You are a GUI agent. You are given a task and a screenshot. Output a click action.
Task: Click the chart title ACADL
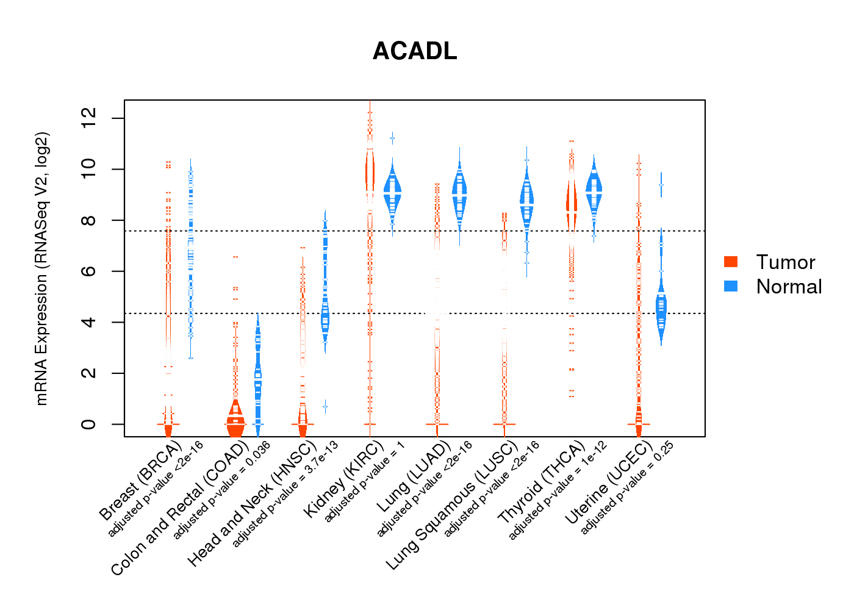pos(415,51)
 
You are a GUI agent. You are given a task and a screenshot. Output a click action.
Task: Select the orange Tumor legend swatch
pos(731,262)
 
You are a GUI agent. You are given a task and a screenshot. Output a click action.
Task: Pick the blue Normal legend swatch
pos(731,286)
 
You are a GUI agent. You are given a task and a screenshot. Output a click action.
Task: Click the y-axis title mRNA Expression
pos(41,268)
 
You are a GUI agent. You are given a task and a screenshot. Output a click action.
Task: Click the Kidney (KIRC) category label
pos(343,479)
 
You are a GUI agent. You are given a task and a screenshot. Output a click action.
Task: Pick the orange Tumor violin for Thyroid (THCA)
pos(572,207)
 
